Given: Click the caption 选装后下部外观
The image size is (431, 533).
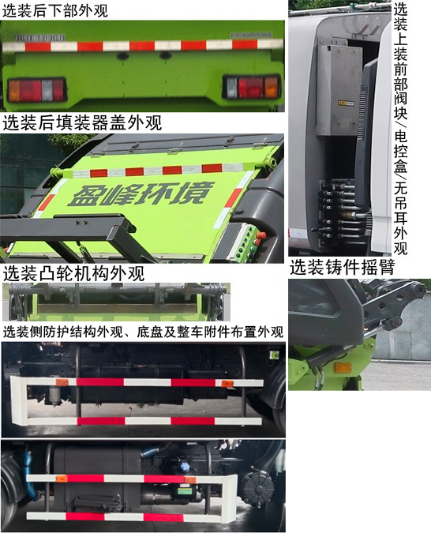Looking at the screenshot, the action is tap(54, 9).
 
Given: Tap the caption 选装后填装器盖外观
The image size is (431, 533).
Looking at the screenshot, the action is tap(82, 122).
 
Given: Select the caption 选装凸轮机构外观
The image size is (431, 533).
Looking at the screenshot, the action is tap(74, 274).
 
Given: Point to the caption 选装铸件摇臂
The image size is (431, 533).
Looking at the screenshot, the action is tap(343, 267).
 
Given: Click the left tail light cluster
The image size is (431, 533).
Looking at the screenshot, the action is tap(36, 90).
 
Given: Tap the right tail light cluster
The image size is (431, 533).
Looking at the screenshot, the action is tap(252, 87).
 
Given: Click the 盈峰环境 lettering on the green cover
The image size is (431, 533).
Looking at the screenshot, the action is tap(141, 193).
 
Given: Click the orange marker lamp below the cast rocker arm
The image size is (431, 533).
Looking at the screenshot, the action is tap(343, 367).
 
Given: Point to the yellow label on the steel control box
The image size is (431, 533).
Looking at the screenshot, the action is tap(345, 103).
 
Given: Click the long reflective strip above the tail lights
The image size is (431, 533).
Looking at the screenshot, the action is tap(143, 45).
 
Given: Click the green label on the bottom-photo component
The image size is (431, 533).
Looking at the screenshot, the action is tap(185, 491).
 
